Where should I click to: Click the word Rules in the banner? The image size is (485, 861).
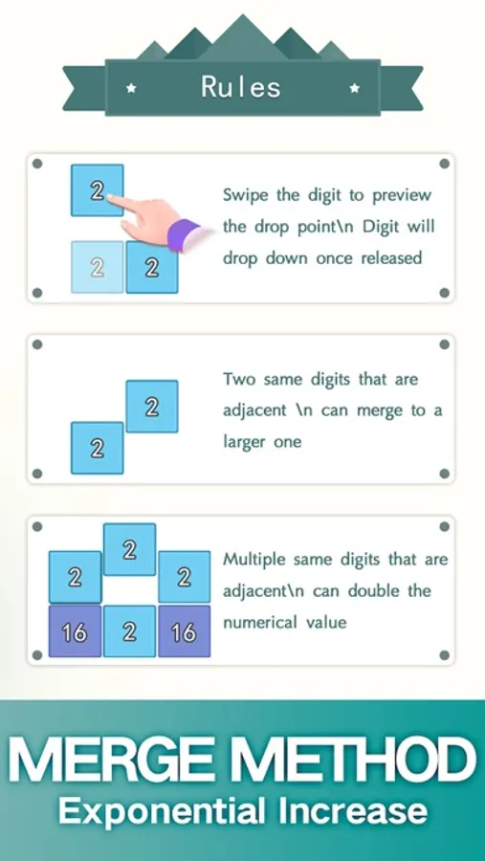(241, 87)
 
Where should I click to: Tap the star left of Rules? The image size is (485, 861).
(131, 88)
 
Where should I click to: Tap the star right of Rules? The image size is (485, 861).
(355, 88)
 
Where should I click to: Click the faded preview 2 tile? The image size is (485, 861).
(98, 268)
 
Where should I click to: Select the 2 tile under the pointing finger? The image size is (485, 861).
(98, 190)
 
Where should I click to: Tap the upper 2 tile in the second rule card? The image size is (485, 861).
(152, 407)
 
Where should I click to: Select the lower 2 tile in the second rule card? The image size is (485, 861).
(98, 448)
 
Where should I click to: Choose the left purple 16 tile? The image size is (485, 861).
(76, 631)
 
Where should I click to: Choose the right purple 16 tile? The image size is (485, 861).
(184, 631)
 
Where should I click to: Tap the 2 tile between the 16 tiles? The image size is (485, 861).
(130, 631)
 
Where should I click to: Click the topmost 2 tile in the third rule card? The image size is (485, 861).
(130, 549)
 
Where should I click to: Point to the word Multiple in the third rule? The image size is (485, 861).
(254, 561)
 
